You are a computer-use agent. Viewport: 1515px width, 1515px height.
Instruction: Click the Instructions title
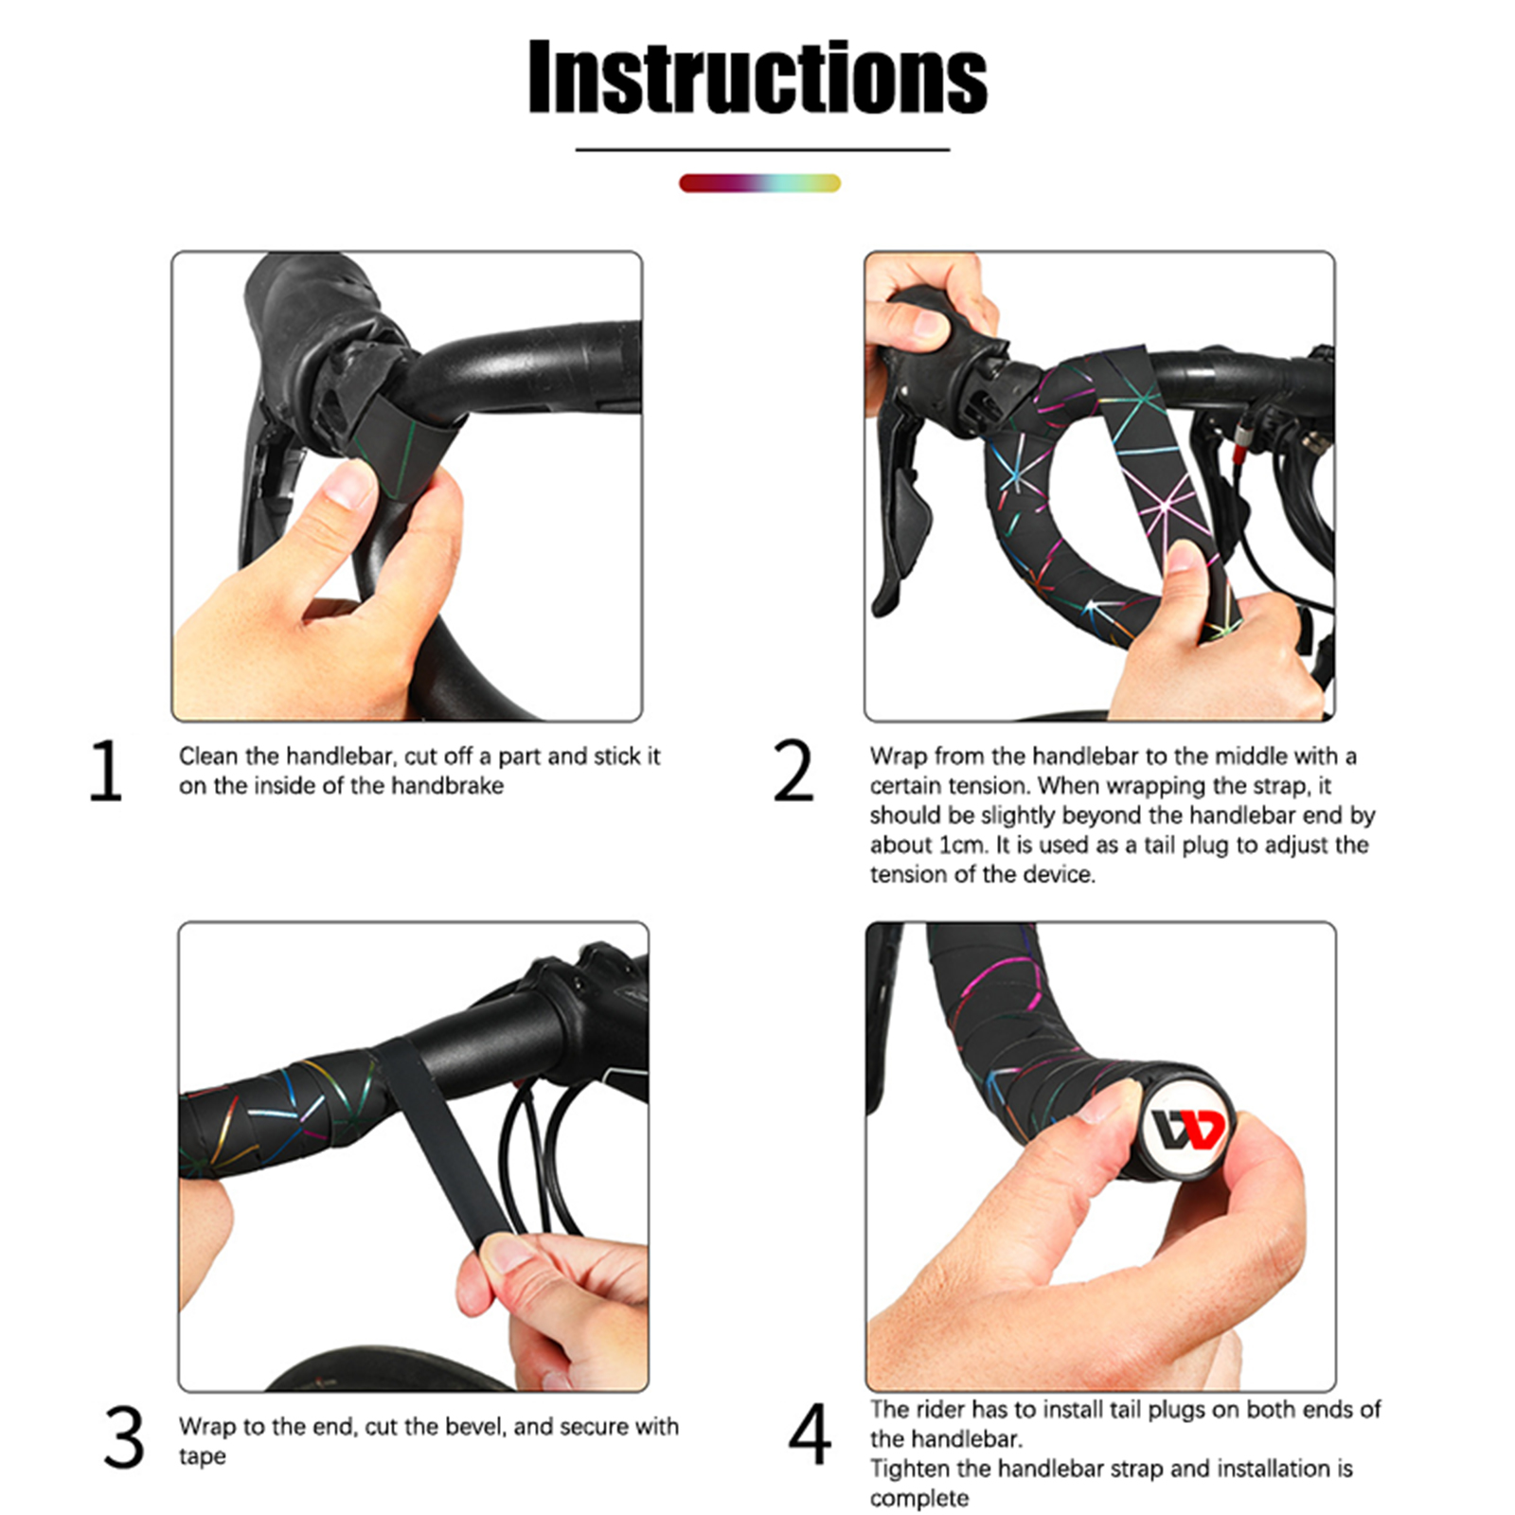757,78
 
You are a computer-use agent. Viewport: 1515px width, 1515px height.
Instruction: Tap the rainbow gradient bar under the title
759,184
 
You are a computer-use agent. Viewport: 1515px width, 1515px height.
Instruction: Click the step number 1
106,772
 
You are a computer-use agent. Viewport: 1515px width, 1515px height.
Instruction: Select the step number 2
793,772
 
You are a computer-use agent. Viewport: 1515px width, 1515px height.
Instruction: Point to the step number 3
124,1437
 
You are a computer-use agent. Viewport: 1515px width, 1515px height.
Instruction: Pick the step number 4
810,1435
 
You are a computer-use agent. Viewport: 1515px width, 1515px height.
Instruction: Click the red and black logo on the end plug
1188,1130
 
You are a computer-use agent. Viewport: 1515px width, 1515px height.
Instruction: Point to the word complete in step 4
919,1499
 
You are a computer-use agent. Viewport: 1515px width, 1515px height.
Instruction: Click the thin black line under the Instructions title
762,150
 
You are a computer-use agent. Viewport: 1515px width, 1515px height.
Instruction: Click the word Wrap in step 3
207,1426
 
